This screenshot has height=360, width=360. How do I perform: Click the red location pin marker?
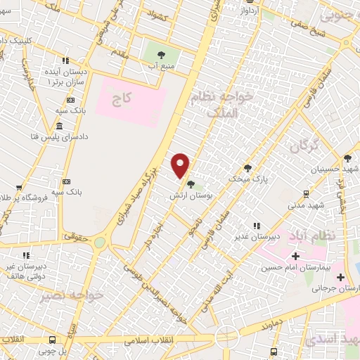coord(181,165)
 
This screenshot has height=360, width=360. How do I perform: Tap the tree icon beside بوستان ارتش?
coord(191,185)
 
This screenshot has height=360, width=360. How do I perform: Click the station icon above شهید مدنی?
coord(307,193)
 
